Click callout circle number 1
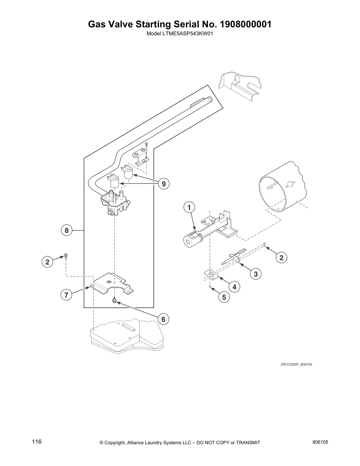point(189,207)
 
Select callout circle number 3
point(256,274)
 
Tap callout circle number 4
point(234,287)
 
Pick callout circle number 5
point(224,297)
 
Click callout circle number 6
point(164,319)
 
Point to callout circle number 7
point(66,295)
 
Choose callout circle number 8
point(66,230)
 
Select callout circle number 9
point(164,184)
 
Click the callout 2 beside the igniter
point(281,258)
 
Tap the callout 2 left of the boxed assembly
point(47,262)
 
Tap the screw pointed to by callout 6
point(114,301)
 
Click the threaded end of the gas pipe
point(210,100)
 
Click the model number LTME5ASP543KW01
point(179,34)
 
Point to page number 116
point(36,442)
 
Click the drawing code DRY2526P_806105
point(296,365)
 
